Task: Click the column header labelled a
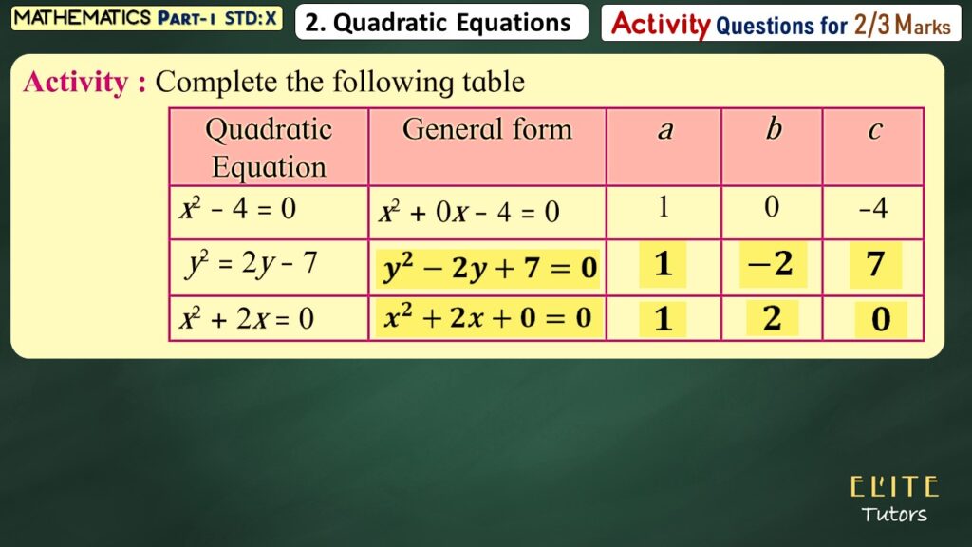click(x=664, y=147)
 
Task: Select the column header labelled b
click(x=772, y=147)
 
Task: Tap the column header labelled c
click(x=873, y=147)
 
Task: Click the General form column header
click(x=487, y=147)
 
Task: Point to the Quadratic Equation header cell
click(x=269, y=147)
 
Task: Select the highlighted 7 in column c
click(x=875, y=264)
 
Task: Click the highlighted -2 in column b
click(x=773, y=264)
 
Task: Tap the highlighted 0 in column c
click(x=881, y=319)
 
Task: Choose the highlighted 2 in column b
click(x=772, y=318)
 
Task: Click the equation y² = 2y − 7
click(x=251, y=264)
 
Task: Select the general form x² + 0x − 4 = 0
click(x=469, y=212)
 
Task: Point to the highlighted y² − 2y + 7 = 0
click(x=488, y=268)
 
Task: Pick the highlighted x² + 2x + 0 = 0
click(x=488, y=318)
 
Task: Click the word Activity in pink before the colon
click(x=76, y=82)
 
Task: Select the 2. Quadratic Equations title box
click(x=441, y=23)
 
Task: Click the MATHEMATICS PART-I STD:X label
click(x=146, y=18)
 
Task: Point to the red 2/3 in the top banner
click(x=871, y=25)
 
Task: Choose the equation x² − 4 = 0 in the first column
click(x=238, y=209)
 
